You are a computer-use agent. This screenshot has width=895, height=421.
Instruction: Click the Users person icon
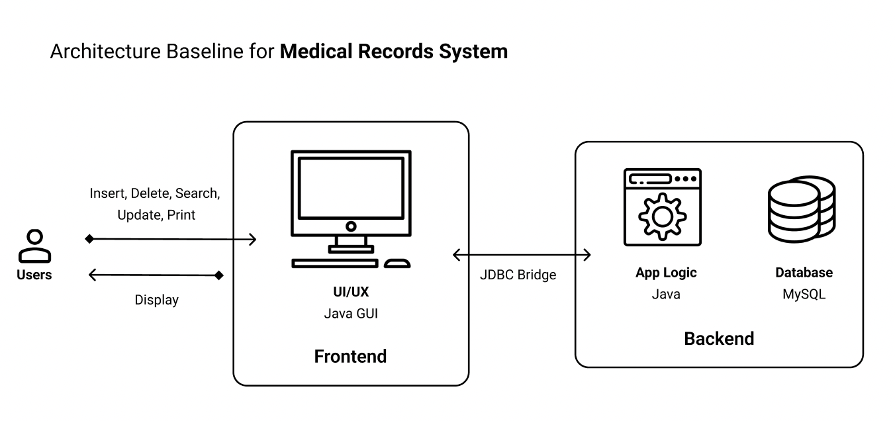[34, 246]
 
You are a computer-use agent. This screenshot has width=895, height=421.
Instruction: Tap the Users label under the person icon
[34, 275]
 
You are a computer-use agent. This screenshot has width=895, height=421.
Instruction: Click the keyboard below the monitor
[335, 263]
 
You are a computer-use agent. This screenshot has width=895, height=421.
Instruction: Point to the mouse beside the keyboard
[397, 263]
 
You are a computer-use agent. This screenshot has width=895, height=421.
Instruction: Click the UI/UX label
[351, 292]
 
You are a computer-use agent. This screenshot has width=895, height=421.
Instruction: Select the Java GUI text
[351, 313]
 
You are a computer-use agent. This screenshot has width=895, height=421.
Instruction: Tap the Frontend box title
[350, 356]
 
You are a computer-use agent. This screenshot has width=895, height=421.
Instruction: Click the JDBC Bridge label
[518, 275]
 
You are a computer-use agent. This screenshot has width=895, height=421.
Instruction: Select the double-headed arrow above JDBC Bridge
[522, 255]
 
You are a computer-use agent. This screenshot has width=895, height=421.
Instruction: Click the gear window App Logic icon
[662, 207]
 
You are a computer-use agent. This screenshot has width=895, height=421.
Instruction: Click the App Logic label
[666, 273]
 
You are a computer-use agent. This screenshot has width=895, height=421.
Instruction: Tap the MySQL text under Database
[804, 294]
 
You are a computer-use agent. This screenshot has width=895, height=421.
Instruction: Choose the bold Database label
[804, 273]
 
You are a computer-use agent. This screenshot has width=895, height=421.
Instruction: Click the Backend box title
[719, 339]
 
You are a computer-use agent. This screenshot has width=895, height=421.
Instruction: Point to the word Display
[157, 300]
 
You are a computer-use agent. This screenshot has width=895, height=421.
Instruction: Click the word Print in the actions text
[181, 215]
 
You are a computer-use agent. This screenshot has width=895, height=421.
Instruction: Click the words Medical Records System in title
[393, 52]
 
